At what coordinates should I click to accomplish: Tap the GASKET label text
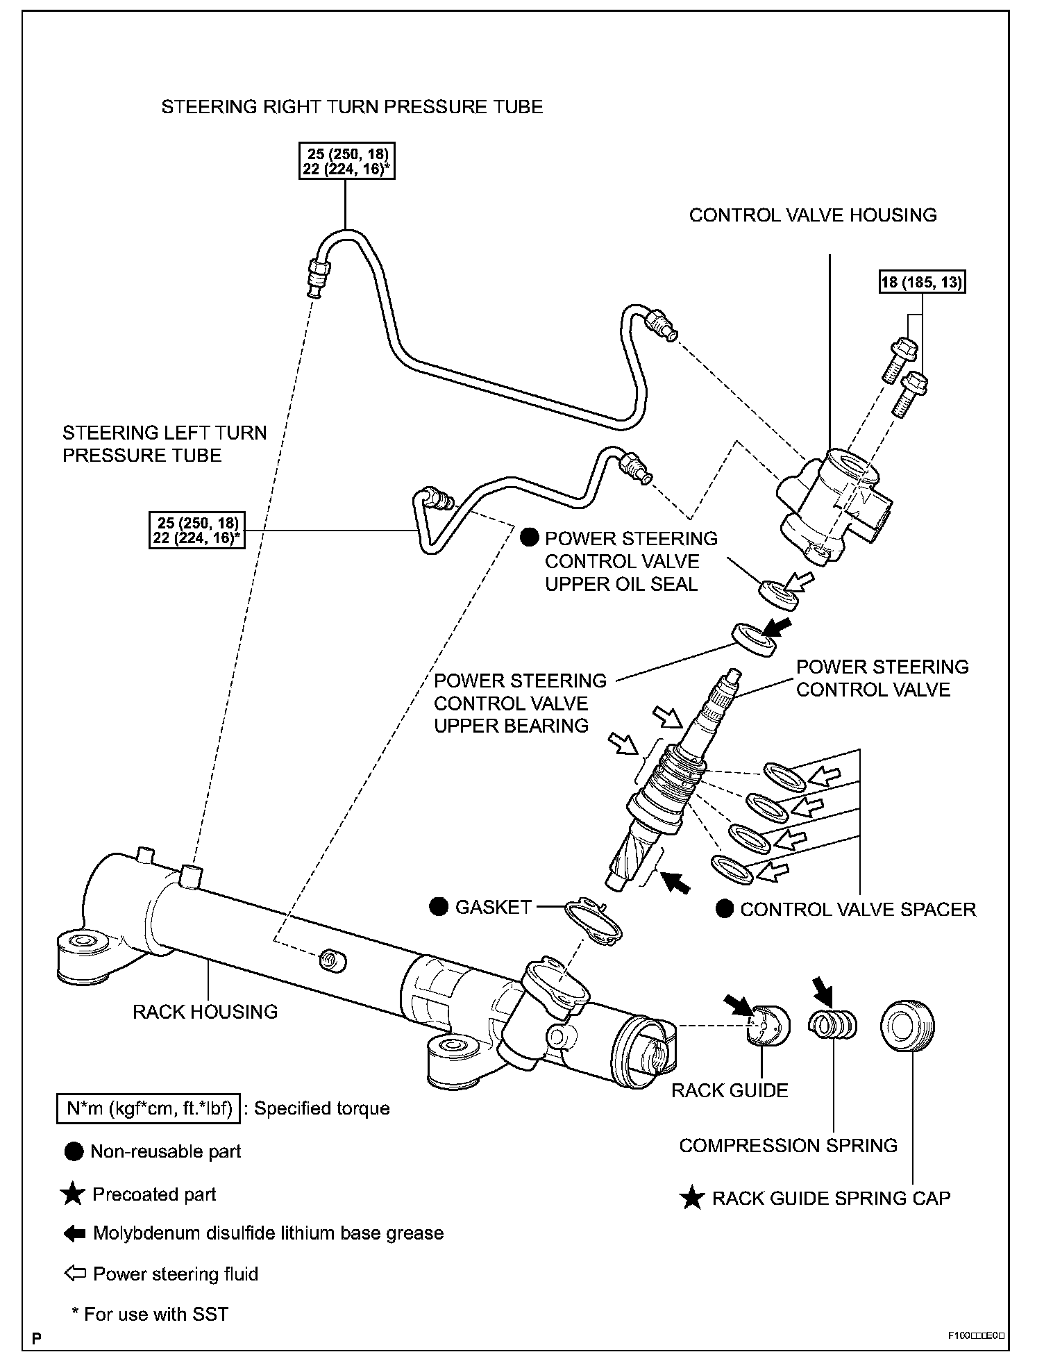493,907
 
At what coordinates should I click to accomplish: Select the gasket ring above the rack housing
593,921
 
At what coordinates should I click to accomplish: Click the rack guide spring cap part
907,1026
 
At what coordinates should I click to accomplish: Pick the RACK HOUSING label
205,1012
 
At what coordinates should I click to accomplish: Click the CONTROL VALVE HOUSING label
813,215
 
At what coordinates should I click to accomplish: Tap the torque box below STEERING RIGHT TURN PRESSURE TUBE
347,161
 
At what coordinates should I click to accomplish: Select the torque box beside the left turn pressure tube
197,530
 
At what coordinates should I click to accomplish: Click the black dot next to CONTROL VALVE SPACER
725,909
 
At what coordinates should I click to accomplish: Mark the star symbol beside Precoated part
72,1194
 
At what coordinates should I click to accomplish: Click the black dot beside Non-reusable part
74,1151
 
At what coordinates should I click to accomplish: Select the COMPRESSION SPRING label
788,1145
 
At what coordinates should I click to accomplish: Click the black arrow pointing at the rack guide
739,1006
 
